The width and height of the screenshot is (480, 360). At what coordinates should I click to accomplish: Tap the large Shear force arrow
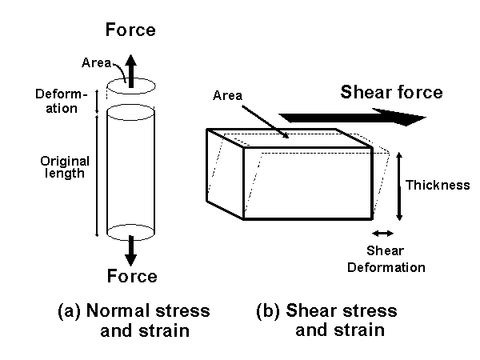(x=352, y=118)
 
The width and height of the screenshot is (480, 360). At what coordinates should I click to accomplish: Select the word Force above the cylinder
(x=131, y=31)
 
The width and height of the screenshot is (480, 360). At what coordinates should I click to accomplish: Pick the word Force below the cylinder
(x=132, y=277)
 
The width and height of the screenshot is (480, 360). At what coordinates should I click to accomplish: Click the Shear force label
(x=391, y=92)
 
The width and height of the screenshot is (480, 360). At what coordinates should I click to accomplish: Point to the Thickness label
(x=438, y=186)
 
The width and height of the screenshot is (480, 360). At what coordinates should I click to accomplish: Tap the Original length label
(x=65, y=166)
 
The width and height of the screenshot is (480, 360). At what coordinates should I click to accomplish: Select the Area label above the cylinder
(x=96, y=61)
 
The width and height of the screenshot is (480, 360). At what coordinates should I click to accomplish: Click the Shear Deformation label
(x=386, y=259)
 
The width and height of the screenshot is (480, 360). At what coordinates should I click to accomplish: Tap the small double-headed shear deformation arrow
(x=383, y=233)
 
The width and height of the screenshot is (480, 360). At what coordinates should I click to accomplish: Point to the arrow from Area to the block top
(x=265, y=120)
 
